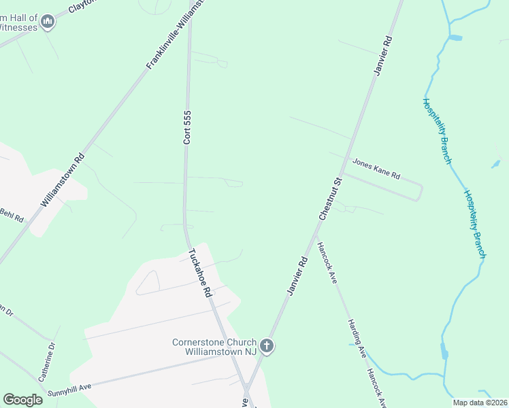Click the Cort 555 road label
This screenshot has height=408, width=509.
187,127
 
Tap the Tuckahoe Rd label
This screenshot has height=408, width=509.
199,273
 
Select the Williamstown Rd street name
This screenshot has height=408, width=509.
63,180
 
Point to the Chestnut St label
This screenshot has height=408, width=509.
329,199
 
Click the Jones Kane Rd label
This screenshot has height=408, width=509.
376,169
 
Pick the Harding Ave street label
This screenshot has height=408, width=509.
357,339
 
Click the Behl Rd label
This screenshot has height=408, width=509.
11,217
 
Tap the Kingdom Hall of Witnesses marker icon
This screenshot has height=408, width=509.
48,22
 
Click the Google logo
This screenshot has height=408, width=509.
23,399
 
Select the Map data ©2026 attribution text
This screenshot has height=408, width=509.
479,403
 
